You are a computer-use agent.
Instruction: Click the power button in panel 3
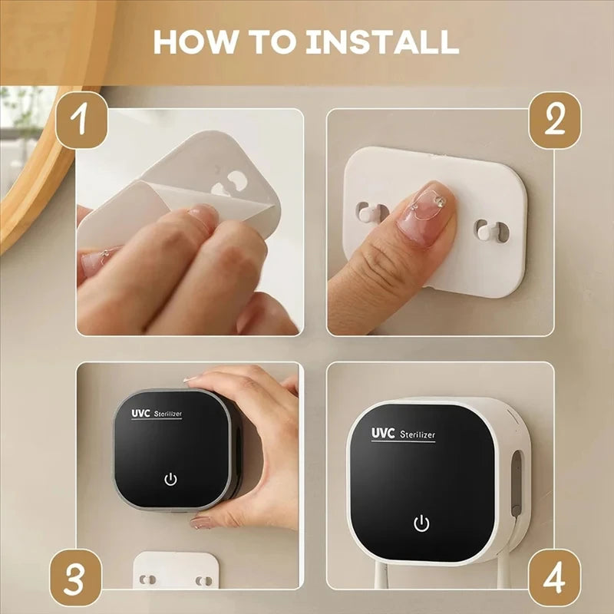pos(170,480)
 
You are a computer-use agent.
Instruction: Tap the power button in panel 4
pos(421,523)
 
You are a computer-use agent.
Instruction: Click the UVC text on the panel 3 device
pos(140,412)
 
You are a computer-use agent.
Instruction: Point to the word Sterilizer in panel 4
pos(418,434)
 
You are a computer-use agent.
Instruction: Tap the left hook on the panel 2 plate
pos(368,211)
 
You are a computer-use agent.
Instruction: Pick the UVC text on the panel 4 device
pos(383,433)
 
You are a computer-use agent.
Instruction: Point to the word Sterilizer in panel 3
pos(168,414)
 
